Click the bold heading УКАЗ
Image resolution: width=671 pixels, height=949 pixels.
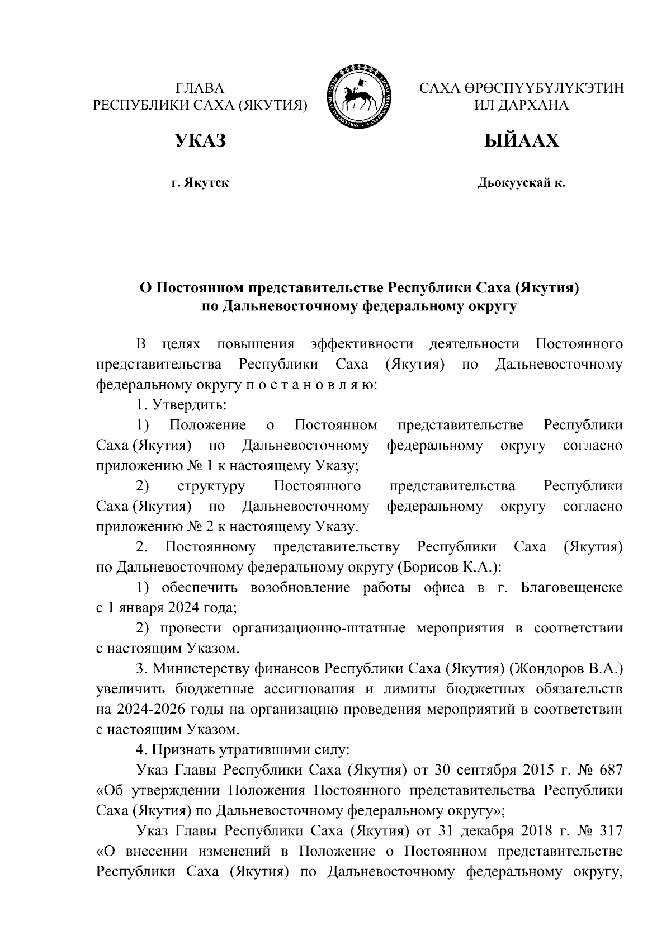point(200,140)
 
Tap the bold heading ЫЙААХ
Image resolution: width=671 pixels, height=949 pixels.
point(521,140)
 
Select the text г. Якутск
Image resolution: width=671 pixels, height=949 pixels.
point(200,183)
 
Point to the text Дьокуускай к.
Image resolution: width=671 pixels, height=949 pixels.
point(521,183)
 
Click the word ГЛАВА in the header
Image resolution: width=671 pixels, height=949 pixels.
point(200,88)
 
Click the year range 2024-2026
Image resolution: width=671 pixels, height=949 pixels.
point(149,709)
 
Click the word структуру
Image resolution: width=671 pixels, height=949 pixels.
point(211,486)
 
